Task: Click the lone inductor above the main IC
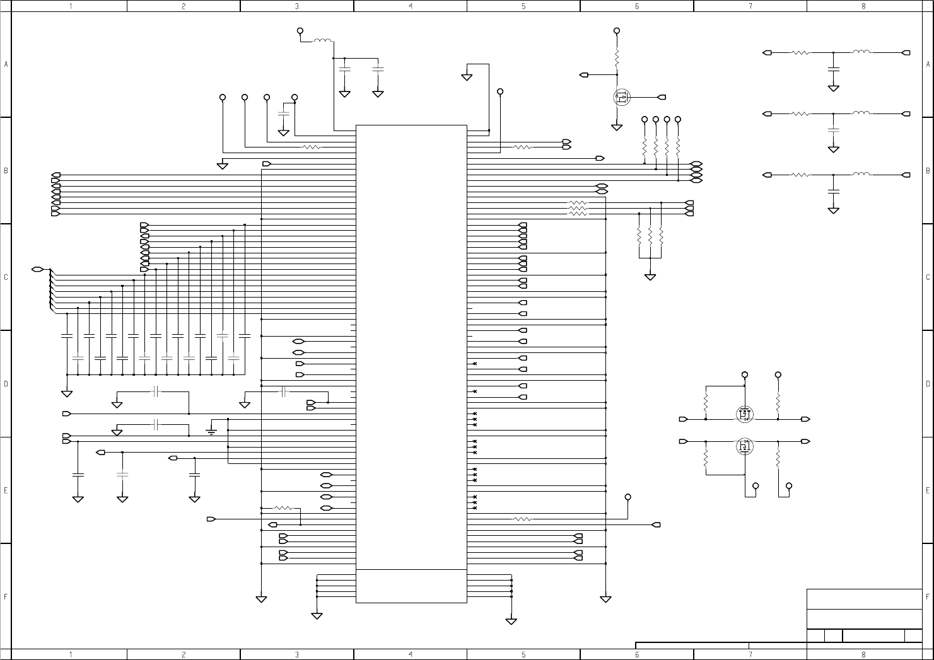pos(323,42)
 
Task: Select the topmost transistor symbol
pos(622,98)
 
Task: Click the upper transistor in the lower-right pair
pos(745,414)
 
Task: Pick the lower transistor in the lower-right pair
pos(745,446)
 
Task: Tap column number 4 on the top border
pos(411,6)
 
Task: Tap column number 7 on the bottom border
pos(750,654)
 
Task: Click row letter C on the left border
pos(6,277)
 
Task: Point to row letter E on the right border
pos(928,490)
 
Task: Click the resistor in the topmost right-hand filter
pos(801,53)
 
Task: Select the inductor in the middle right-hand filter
pos(861,113)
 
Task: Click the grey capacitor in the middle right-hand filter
pos(834,130)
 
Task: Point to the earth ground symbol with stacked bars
pos(211,431)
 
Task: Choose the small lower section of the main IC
pos(411,586)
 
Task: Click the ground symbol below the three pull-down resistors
pos(650,276)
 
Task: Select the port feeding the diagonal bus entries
pos(38,270)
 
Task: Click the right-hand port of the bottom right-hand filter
pos(906,175)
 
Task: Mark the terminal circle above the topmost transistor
pos(617,30)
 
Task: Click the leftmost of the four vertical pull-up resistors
pos(645,148)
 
